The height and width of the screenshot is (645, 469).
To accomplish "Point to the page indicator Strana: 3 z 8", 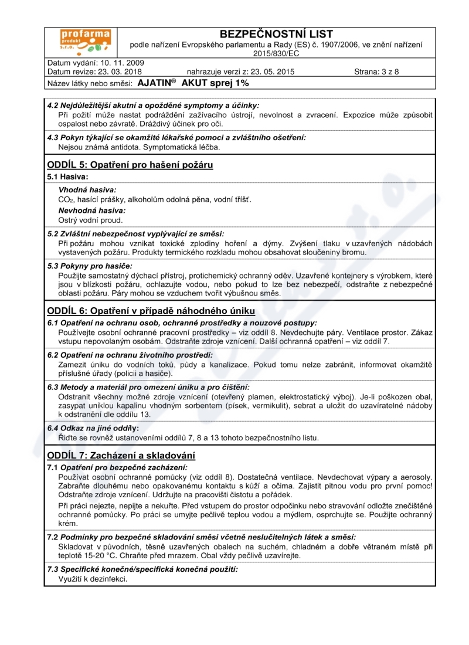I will coord(376,72).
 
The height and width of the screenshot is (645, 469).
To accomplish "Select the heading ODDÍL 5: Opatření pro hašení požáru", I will coord(130,165).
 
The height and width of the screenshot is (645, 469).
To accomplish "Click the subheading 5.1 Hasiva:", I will coord(67,176).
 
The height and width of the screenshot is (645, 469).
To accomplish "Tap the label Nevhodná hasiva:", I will coord(92,210).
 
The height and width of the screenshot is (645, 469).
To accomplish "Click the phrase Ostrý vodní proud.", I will coord(90,220).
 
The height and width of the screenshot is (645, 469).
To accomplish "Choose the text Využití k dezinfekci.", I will coord(93,579).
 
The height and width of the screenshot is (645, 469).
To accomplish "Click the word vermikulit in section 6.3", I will coord(314,405).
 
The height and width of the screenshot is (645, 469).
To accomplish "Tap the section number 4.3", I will coord(53,137).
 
